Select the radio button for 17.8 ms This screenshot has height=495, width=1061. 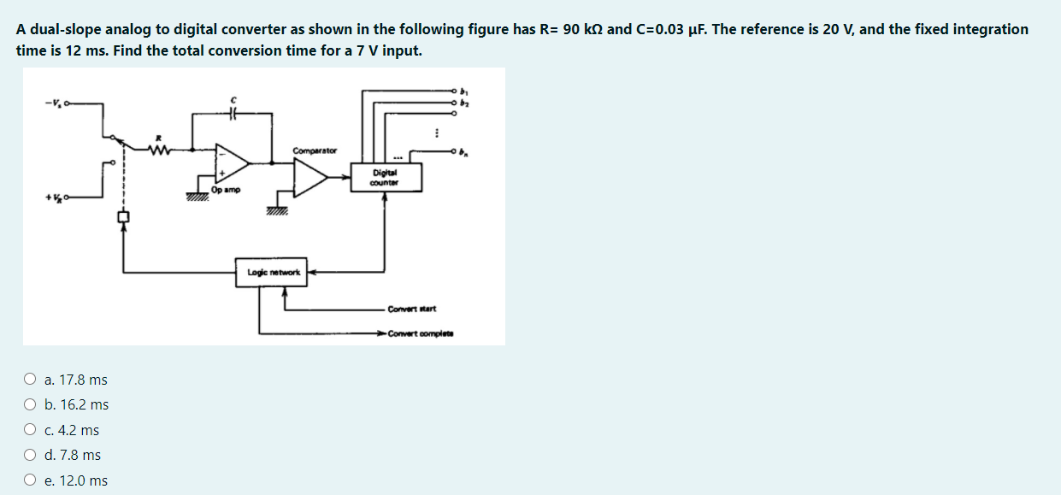30,380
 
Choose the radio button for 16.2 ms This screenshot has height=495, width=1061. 30,404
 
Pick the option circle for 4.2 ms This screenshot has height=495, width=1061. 30,430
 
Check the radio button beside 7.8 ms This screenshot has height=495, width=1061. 30,455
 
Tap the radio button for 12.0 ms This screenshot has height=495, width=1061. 30,480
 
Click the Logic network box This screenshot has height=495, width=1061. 274,272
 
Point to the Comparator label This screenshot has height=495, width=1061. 315,150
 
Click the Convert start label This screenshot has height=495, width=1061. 412,309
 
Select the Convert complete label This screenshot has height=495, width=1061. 420,333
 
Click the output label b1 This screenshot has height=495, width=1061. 466,89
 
